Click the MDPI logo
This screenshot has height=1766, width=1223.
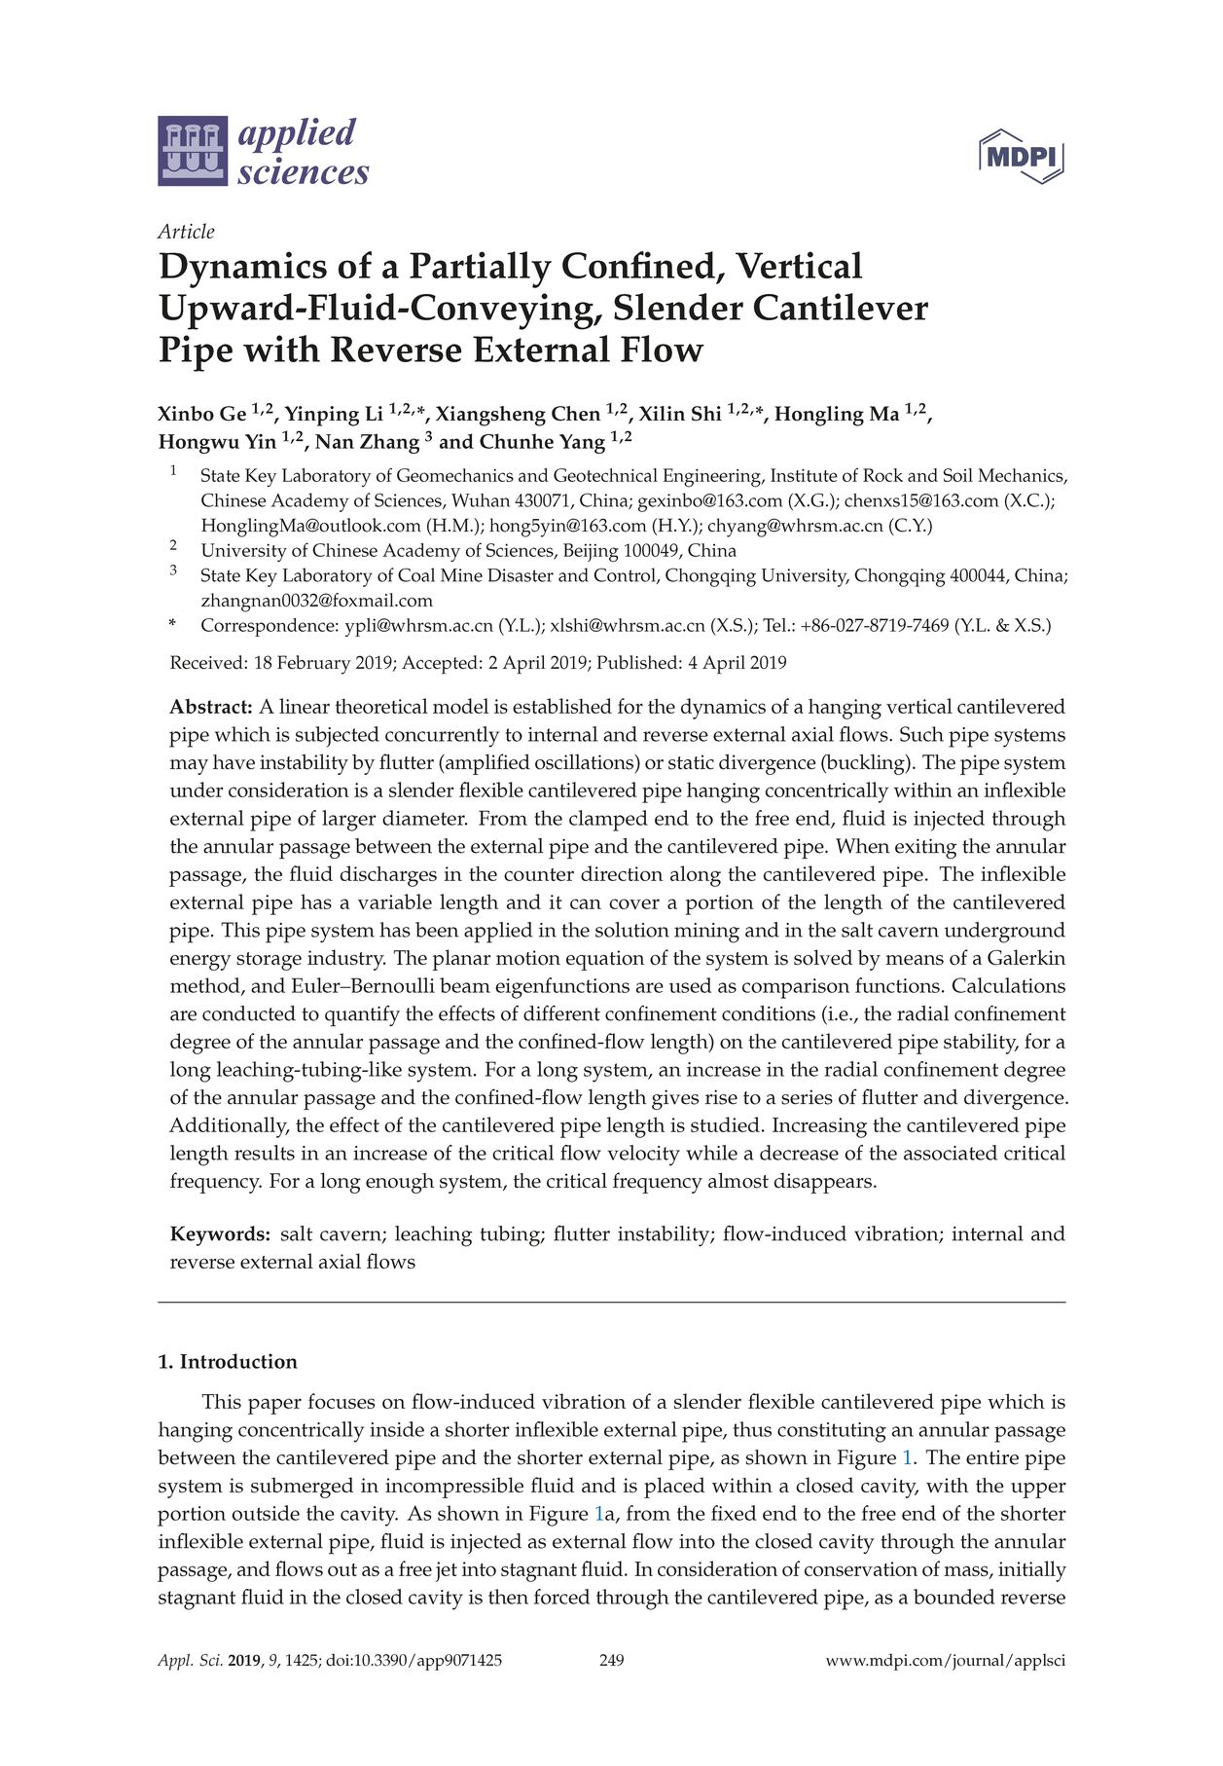(1021, 156)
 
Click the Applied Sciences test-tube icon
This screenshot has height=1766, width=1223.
(193, 151)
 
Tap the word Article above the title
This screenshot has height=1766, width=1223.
(186, 232)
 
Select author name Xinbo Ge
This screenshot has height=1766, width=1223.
(201, 415)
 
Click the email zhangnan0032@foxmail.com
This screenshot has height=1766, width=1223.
(316, 601)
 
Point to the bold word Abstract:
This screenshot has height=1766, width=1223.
(211, 707)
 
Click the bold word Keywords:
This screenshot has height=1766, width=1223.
(220, 1234)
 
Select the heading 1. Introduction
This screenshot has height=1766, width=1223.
(228, 1362)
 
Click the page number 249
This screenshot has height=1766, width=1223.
(611, 1661)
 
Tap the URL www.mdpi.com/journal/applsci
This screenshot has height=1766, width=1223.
(945, 1661)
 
